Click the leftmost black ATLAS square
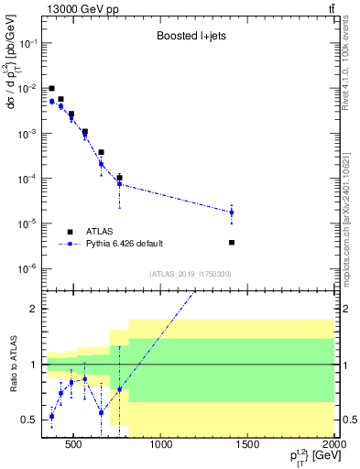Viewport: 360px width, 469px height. point(52,89)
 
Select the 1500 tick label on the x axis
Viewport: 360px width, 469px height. point(247,446)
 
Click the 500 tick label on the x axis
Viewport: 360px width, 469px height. point(74,446)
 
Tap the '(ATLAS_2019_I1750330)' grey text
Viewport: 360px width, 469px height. point(189,274)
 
